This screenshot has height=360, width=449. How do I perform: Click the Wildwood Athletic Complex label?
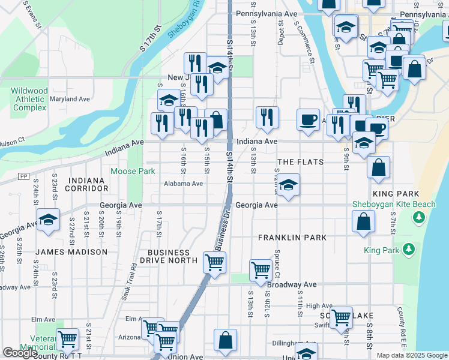[29, 99]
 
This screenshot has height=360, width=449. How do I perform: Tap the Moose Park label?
[133, 171]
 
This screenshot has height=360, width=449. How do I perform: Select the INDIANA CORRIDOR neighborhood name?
[91, 184]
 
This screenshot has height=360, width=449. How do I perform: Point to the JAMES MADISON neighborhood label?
[71, 252]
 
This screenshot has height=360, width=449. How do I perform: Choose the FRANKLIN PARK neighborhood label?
[292, 238]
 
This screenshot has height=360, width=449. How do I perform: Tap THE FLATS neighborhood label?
[300, 162]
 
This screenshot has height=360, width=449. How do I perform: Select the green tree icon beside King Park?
[409, 248]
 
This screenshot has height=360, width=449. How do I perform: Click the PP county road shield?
[24, 176]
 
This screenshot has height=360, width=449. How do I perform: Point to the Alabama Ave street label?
[184, 184]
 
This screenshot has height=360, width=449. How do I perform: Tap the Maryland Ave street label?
[70, 98]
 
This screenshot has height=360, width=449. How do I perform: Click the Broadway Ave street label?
[292, 284]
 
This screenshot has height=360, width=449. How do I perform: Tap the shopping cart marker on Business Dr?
[214, 262]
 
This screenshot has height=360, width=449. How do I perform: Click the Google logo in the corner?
[20, 353]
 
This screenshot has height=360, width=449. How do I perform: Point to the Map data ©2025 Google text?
[411, 355]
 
